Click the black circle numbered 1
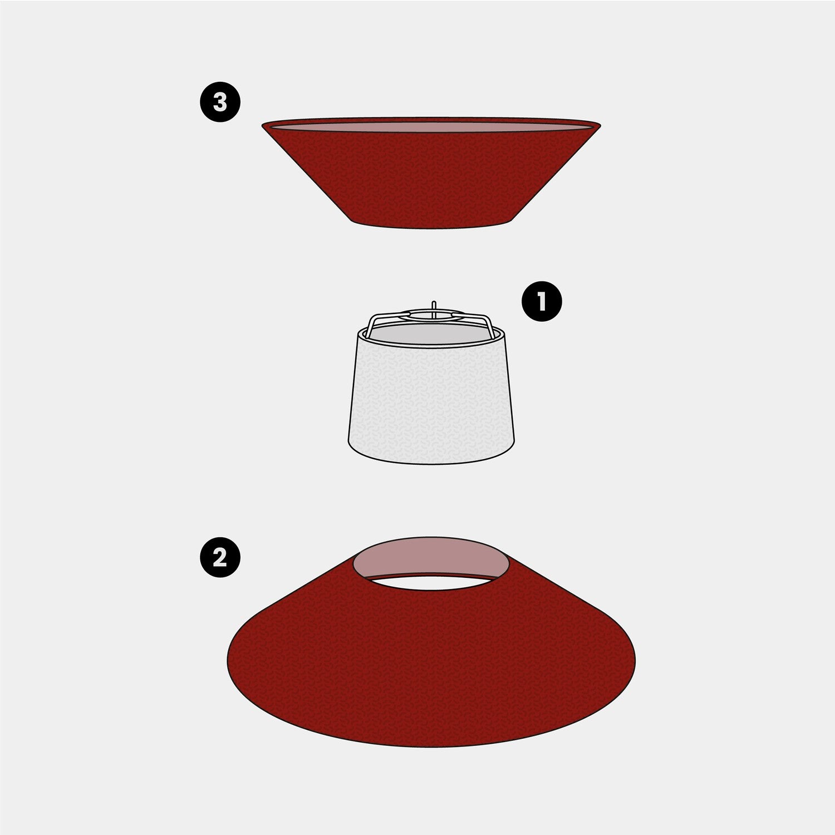542,301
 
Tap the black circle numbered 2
220,557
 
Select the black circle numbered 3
220,102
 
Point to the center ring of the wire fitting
434,315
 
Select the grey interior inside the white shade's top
431,333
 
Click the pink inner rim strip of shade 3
431,127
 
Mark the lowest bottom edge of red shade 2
431,746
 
